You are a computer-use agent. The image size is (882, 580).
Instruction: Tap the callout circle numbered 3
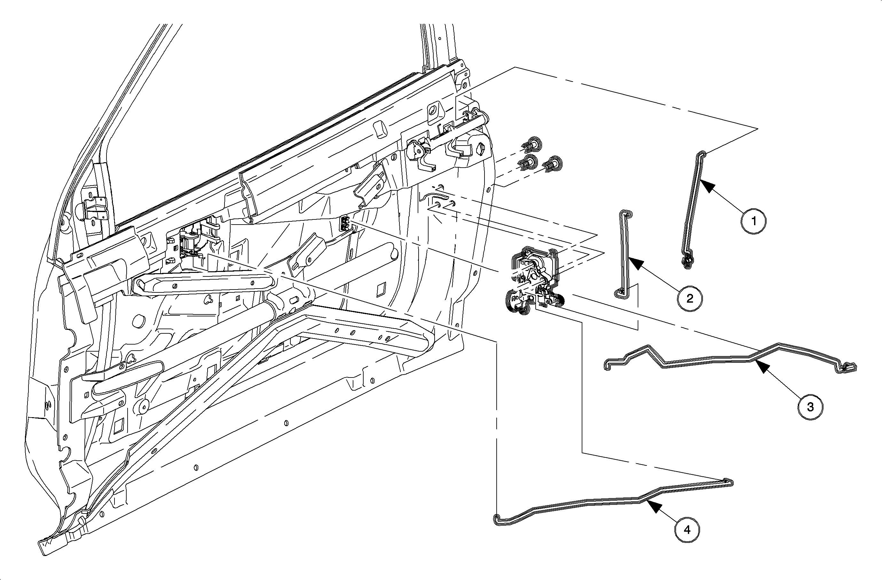click(x=810, y=407)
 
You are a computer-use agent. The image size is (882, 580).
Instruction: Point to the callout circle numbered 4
click(x=687, y=530)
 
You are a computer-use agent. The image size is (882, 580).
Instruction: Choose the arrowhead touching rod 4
click(x=653, y=506)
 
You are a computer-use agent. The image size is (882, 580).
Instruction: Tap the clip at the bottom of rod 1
click(x=687, y=261)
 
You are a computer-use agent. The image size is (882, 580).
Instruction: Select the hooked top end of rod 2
click(x=626, y=215)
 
